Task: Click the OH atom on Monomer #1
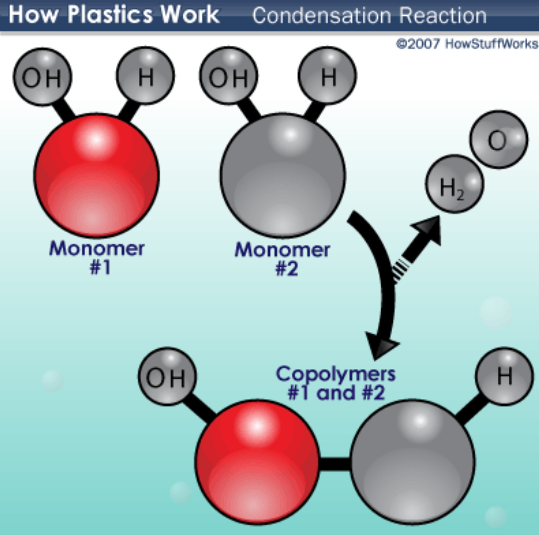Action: click(x=42, y=77)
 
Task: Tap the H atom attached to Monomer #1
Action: click(x=146, y=76)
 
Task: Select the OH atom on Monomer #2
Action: click(x=229, y=76)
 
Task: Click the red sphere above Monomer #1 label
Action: click(x=97, y=175)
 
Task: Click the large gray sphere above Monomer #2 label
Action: click(x=283, y=175)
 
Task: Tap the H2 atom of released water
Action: click(x=454, y=184)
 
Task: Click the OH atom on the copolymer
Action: click(x=167, y=376)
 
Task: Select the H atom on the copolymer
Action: click(x=504, y=376)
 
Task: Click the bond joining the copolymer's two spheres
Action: click(x=335, y=464)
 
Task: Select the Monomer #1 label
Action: click(x=97, y=257)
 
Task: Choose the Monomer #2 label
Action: click(x=283, y=259)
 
